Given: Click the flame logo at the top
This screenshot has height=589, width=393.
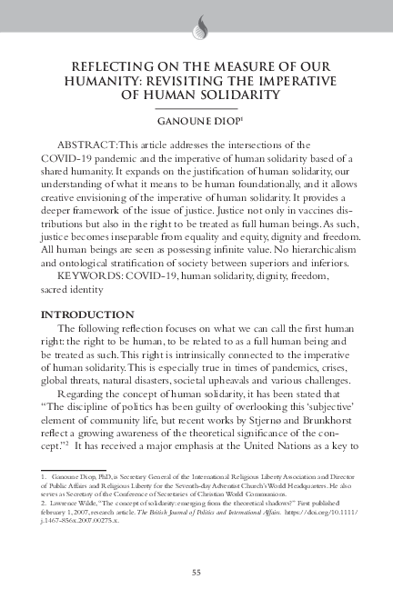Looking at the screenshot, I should click(196, 27).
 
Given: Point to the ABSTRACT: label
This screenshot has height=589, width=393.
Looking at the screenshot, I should click(88, 145).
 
